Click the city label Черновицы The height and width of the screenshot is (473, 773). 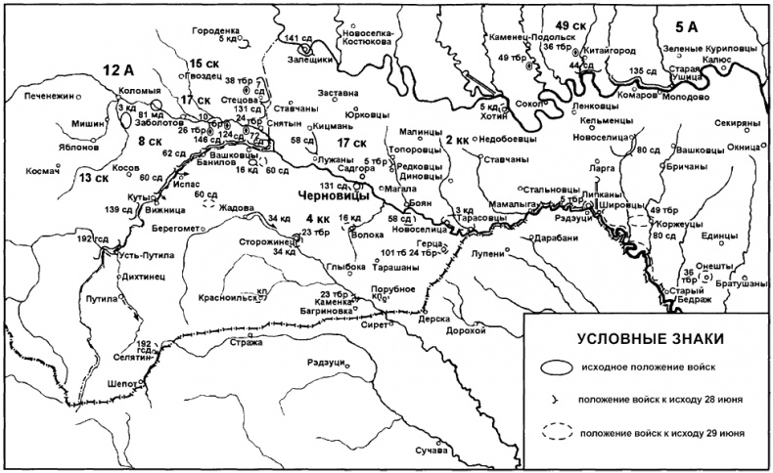point(325,194)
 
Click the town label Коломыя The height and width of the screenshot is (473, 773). point(138,92)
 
